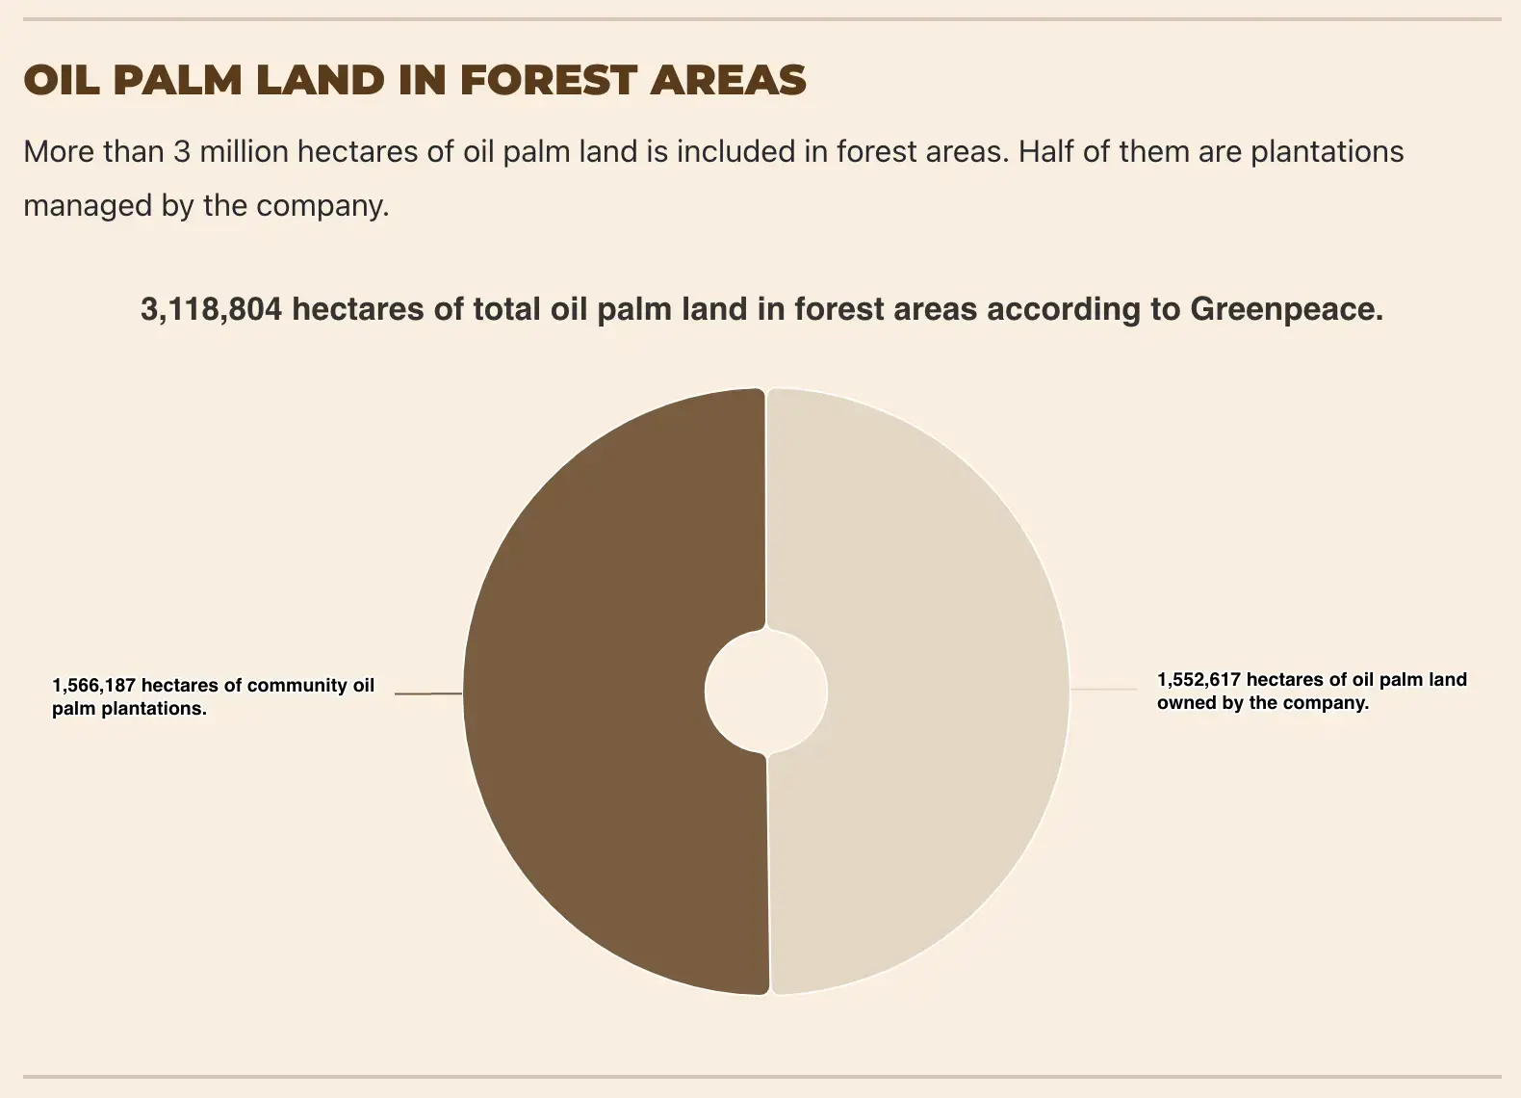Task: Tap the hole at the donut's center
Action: pos(766,692)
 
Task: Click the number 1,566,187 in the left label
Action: pos(93,685)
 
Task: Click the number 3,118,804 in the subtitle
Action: pos(211,309)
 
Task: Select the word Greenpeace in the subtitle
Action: pos(1286,310)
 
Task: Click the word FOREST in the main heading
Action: pos(549,80)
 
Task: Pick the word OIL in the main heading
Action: pos(62,80)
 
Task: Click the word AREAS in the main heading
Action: pos(729,80)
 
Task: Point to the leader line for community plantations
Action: pos(428,693)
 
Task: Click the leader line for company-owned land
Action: pos(1104,689)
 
